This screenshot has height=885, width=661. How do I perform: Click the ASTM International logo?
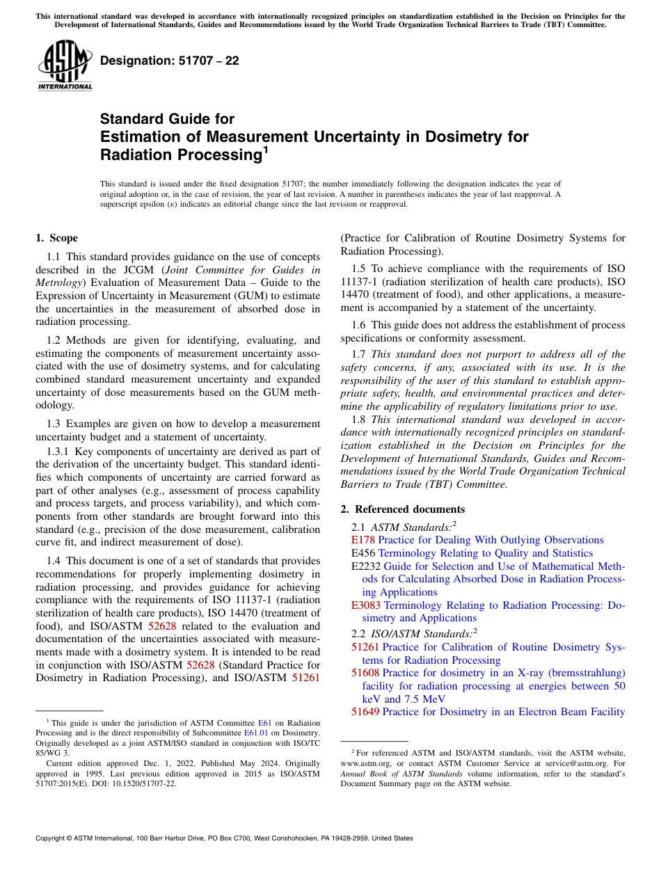pos(65,67)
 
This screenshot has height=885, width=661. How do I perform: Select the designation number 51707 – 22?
pos(170,61)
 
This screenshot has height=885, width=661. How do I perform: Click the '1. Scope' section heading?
pos(57,238)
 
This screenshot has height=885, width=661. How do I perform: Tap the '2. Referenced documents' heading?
pos(403,509)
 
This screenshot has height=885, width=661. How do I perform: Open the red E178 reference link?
pos(363,540)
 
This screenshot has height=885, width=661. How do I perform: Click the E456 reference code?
pos(363,553)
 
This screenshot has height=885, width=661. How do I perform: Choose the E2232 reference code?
pos(366,566)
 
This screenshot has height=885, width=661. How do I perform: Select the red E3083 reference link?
pos(366,605)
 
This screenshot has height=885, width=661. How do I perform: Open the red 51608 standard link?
pos(365,673)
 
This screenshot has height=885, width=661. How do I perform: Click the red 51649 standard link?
pos(365,712)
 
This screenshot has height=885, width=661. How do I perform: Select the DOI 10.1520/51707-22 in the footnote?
pos(151,783)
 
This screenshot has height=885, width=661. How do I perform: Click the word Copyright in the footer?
pos(52,838)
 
